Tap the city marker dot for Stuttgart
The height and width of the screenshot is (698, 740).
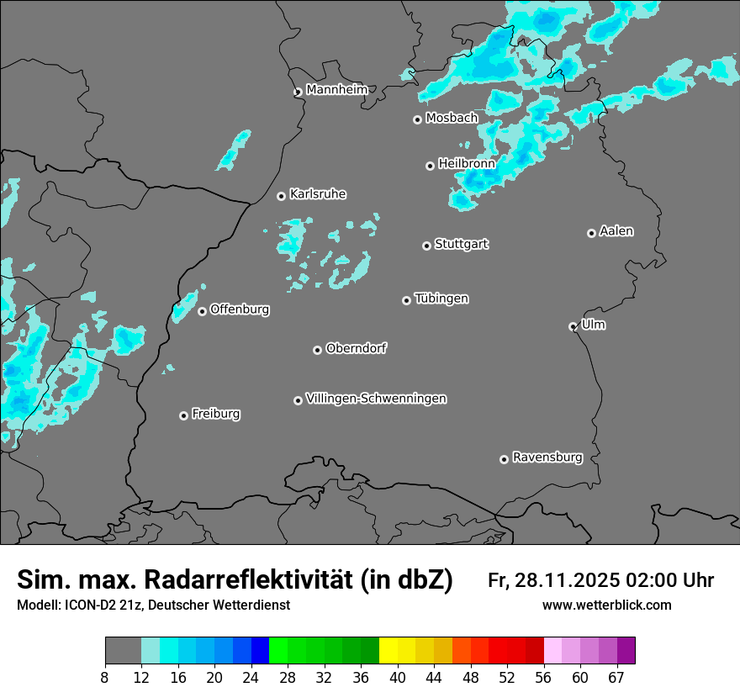[427, 246]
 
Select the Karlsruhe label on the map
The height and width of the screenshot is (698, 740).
[318, 194]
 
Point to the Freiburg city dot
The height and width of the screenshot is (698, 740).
[183, 415]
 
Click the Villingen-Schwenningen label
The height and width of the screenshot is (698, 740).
[376, 399]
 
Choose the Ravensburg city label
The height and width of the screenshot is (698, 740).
[547, 457]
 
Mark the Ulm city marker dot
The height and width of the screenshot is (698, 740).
[573, 326]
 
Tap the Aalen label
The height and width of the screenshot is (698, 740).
[616, 231]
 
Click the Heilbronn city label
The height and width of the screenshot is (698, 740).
[467, 163]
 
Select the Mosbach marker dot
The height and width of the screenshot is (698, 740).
[417, 119]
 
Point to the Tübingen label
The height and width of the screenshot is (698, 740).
[441, 299]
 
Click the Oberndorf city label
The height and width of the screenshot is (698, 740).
[357, 348]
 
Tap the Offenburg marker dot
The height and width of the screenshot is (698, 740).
[202, 311]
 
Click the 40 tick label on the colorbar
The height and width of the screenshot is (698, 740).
[397, 677]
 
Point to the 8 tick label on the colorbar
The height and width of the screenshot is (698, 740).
[105, 677]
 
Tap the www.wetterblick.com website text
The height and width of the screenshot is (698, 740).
[606, 605]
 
